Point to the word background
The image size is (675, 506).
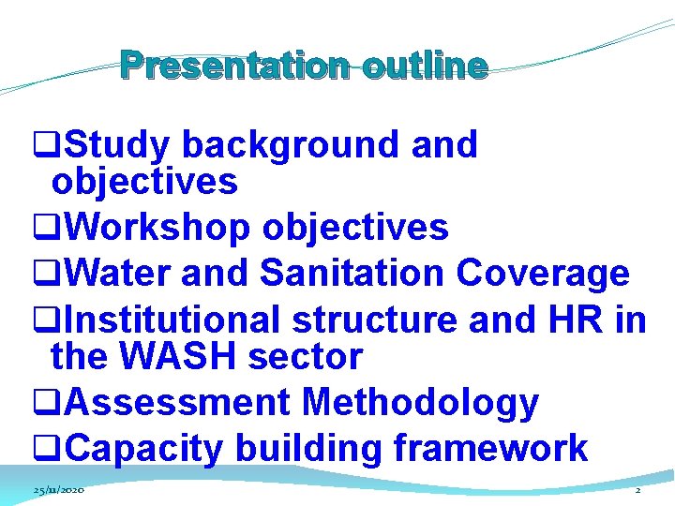click(x=290, y=145)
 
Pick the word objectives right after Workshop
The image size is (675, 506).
click(x=355, y=227)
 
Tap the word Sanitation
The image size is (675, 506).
click(x=352, y=274)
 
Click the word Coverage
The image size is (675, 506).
click(x=543, y=274)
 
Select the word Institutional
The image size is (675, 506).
click(x=174, y=320)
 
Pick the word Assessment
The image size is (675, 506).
click(x=178, y=403)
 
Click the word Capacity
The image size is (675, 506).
click(x=145, y=449)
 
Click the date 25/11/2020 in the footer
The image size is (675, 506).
click(x=59, y=491)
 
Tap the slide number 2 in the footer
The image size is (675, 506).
click(x=637, y=491)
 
